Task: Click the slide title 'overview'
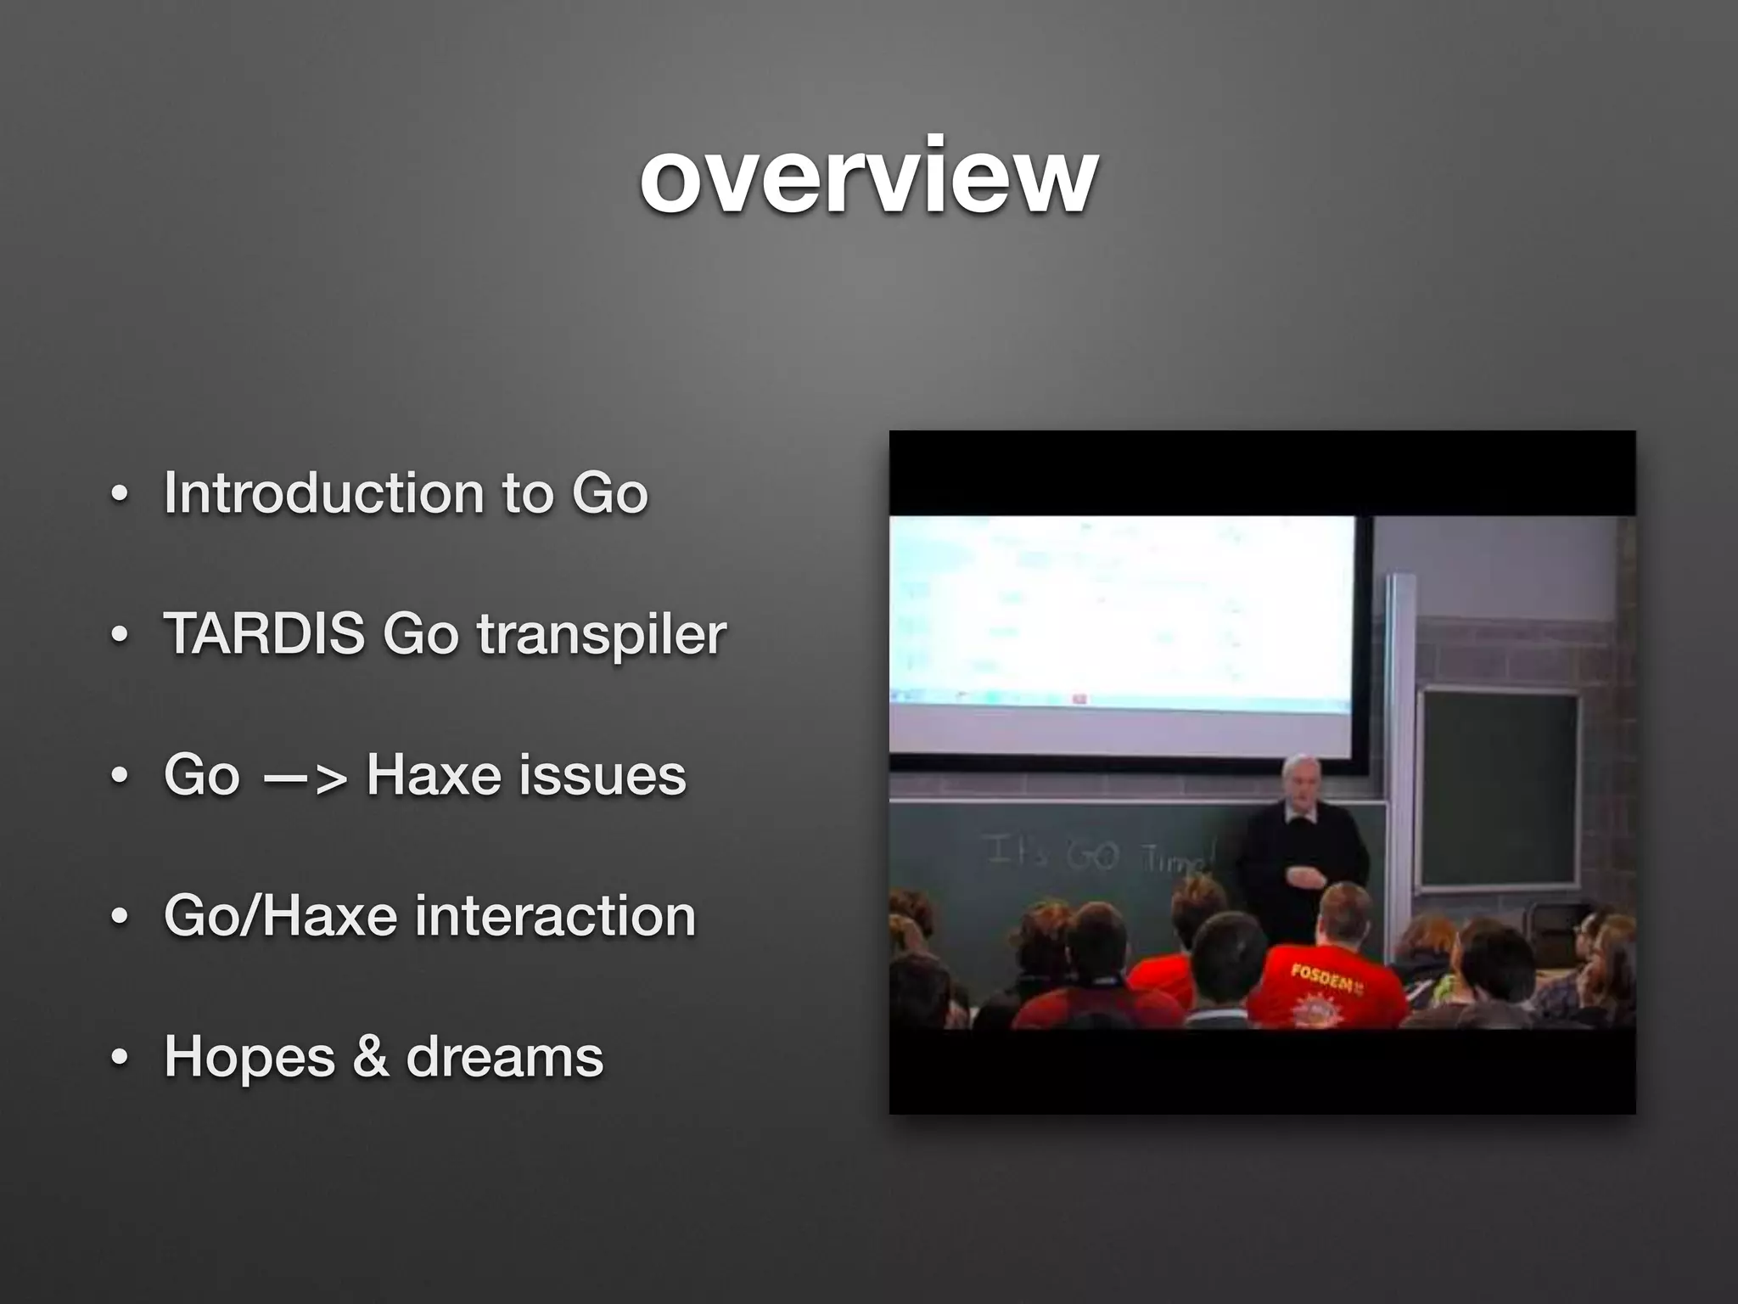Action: click(869, 177)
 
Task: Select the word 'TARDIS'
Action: click(264, 633)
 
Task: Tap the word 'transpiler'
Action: click(601, 635)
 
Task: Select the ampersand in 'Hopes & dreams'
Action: click(371, 1057)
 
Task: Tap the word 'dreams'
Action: click(504, 1057)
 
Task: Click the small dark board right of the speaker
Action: click(1500, 790)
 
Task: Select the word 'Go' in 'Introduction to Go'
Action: click(609, 492)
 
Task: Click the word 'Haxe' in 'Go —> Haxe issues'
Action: click(433, 775)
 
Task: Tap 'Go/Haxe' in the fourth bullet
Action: click(280, 916)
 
